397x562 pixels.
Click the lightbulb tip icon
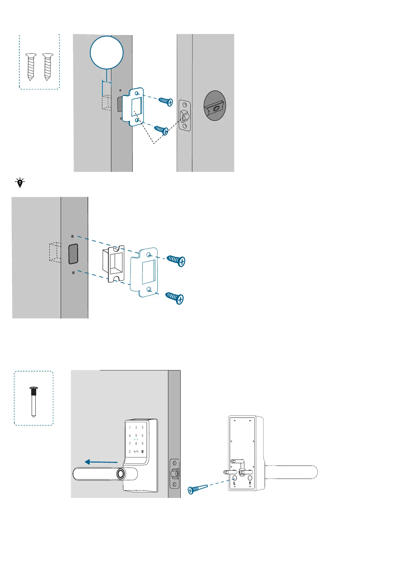coord(20,183)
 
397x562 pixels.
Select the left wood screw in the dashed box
coord(31,66)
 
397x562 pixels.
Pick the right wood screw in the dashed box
coord(48,66)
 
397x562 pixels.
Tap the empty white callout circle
coord(107,52)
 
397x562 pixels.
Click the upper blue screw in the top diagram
coord(166,101)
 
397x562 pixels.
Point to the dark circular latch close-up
coord(215,106)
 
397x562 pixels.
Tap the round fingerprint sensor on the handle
coord(121,474)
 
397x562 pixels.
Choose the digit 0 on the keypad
coord(130,452)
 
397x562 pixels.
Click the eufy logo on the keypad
coord(136,452)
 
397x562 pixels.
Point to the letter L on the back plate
coord(235,483)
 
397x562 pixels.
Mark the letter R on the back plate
coord(250,483)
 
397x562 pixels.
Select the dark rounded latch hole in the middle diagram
coord(73,254)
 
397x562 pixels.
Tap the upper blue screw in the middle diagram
coord(176,261)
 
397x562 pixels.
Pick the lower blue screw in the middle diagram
coord(175,298)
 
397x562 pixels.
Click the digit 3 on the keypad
coord(143,428)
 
